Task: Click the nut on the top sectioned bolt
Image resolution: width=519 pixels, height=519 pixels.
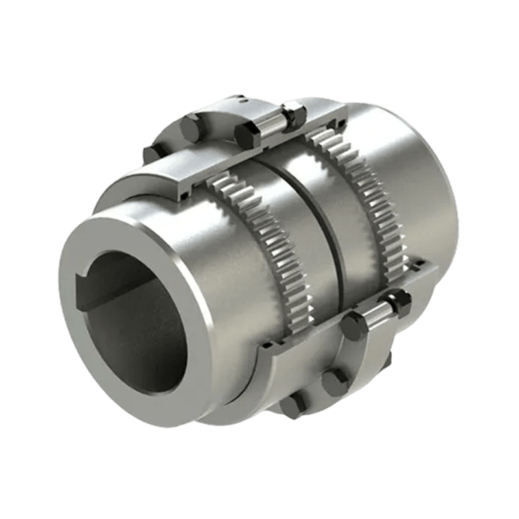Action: (295, 115)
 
